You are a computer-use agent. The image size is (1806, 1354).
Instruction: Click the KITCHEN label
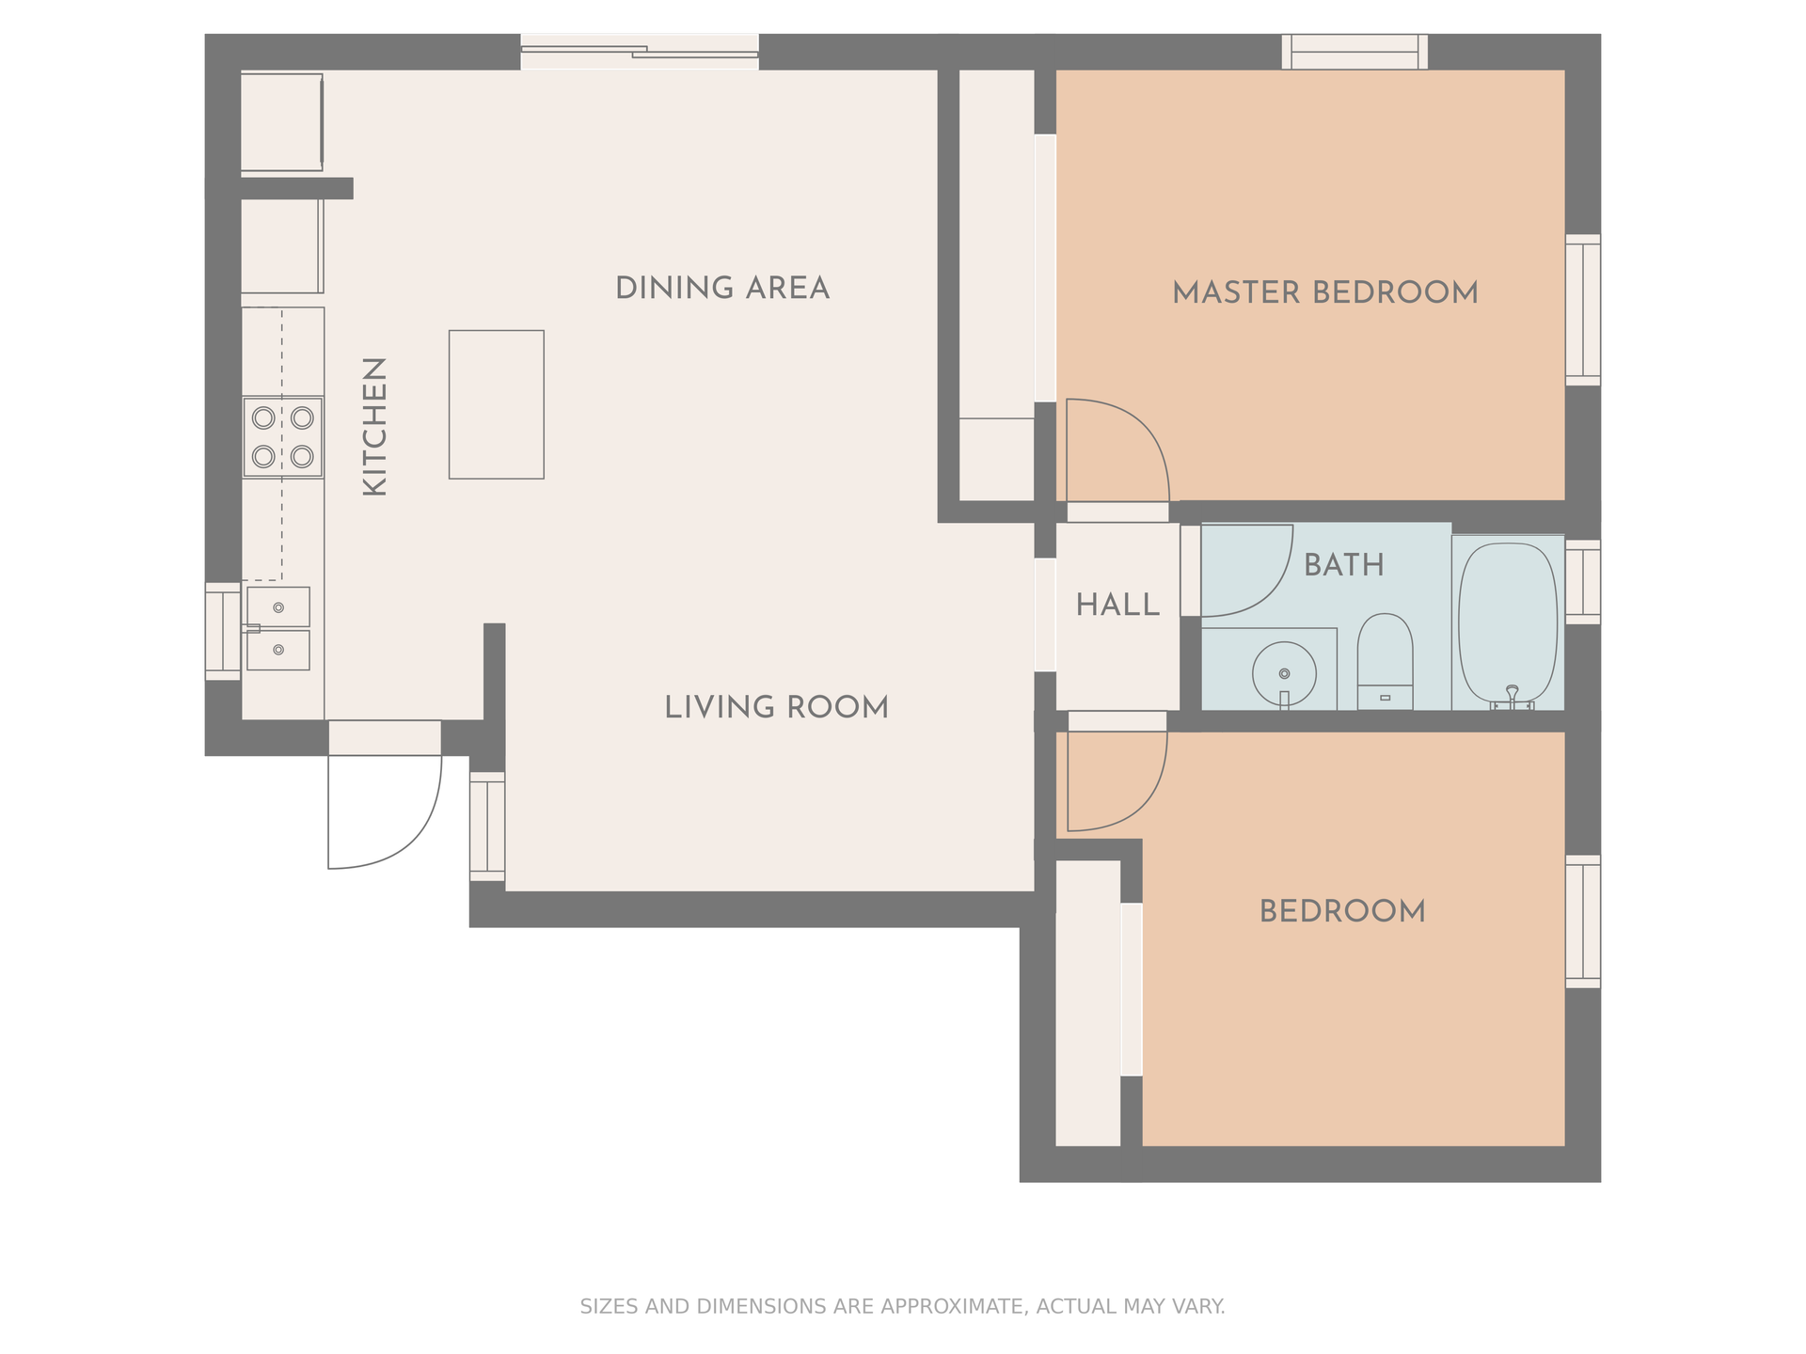[374, 426]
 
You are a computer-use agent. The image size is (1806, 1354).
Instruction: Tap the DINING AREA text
[721, 288]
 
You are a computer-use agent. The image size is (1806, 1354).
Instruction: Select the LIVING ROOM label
[776, 707]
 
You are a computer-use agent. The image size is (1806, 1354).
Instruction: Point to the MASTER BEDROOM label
[1324, 292]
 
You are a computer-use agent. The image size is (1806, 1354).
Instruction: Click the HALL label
[1117, 605]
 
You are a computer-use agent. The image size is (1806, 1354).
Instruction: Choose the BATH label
[1343, 564]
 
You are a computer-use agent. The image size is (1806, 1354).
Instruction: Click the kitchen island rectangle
[496, 404]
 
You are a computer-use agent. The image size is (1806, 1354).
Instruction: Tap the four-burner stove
[282, 437]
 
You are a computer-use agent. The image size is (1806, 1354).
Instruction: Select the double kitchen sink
[278, 628]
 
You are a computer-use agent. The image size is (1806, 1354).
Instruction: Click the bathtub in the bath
[1507, 622]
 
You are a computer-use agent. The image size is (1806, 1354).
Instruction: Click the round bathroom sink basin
[1284, 673]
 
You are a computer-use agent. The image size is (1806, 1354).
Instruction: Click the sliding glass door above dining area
[640, 52]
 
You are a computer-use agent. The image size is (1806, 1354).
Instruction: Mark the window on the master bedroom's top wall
[1354, 52]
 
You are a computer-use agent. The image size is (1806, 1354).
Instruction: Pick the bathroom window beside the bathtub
[1583, 581]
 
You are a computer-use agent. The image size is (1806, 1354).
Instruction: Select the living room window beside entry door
[487, 827]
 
